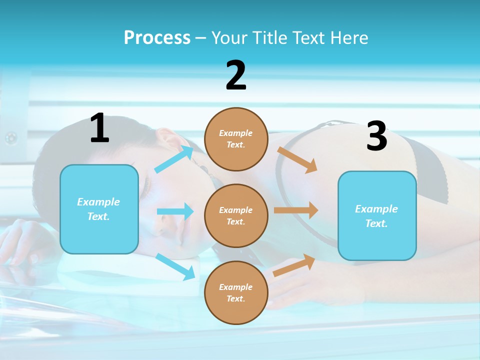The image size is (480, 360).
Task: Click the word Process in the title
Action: click(x=157, y=37)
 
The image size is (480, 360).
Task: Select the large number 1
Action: click(x=99, y=128)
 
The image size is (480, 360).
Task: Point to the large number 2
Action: click(x=236, y=75)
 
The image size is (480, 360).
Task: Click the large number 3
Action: click(x=377, y=136)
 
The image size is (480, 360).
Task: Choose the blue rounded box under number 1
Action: click(x=99, y=209)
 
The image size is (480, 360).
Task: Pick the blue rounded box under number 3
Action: click(x=377, y=215)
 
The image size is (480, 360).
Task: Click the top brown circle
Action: click(x=236, y=139)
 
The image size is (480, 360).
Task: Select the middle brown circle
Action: click(x=236, y=215)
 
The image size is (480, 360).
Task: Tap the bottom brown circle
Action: click(x=236, y=292)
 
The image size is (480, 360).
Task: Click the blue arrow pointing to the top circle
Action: click(x=174, y=159)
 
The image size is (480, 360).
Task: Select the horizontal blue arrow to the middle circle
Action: click(x=175, y=211)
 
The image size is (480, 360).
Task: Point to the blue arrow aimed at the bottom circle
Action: click(x=175, y=266)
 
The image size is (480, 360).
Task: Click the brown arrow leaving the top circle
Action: click(x=297, y=159)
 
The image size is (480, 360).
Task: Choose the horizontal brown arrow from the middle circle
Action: click(x=296, y=210)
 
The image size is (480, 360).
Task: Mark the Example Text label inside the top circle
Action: click(x=236, y=139)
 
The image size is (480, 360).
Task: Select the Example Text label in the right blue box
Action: click(x=376, y=216)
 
